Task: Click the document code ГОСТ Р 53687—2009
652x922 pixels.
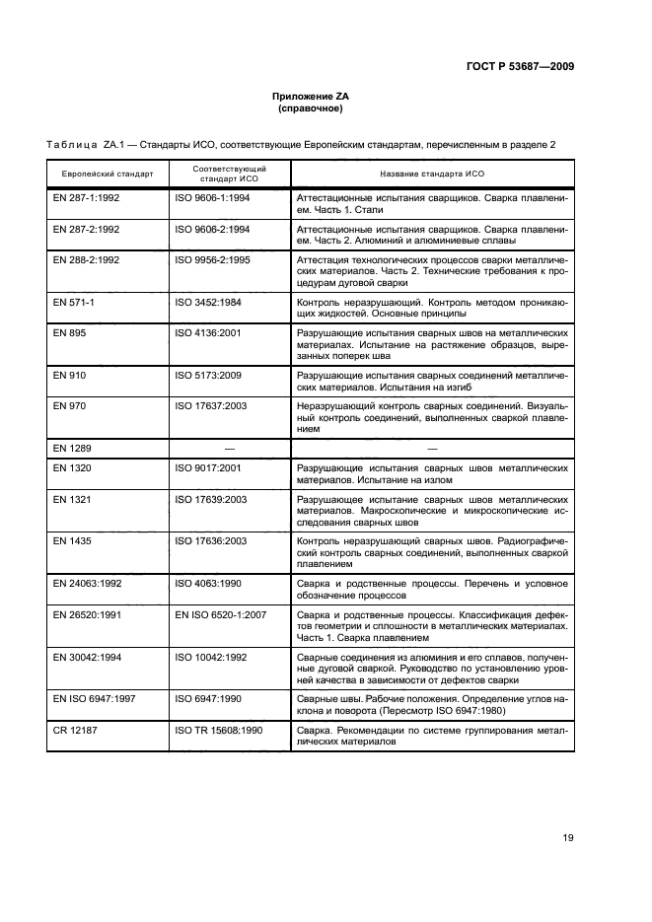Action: click(519, 66)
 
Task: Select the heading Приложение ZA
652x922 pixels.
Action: click(311, 96)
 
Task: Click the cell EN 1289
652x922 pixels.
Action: click(70, 448)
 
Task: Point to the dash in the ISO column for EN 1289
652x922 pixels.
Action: click(229, 448)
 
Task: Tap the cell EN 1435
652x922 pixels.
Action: click(70, 540)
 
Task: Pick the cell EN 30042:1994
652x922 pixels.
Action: click(86, 656)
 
